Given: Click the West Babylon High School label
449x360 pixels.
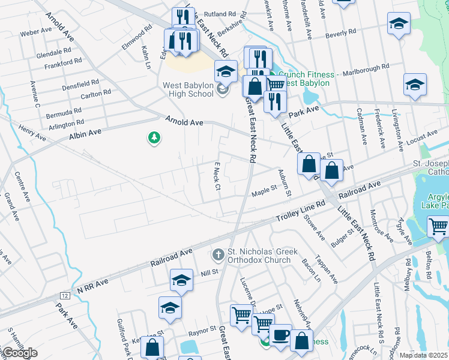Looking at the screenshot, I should click(x=188, y=89).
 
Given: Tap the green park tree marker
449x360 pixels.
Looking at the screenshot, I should click(x=154, y=139).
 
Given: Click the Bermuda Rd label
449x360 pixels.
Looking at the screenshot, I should click(x=66, y=112).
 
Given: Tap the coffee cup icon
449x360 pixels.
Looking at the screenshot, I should click(x=280, y=335).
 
